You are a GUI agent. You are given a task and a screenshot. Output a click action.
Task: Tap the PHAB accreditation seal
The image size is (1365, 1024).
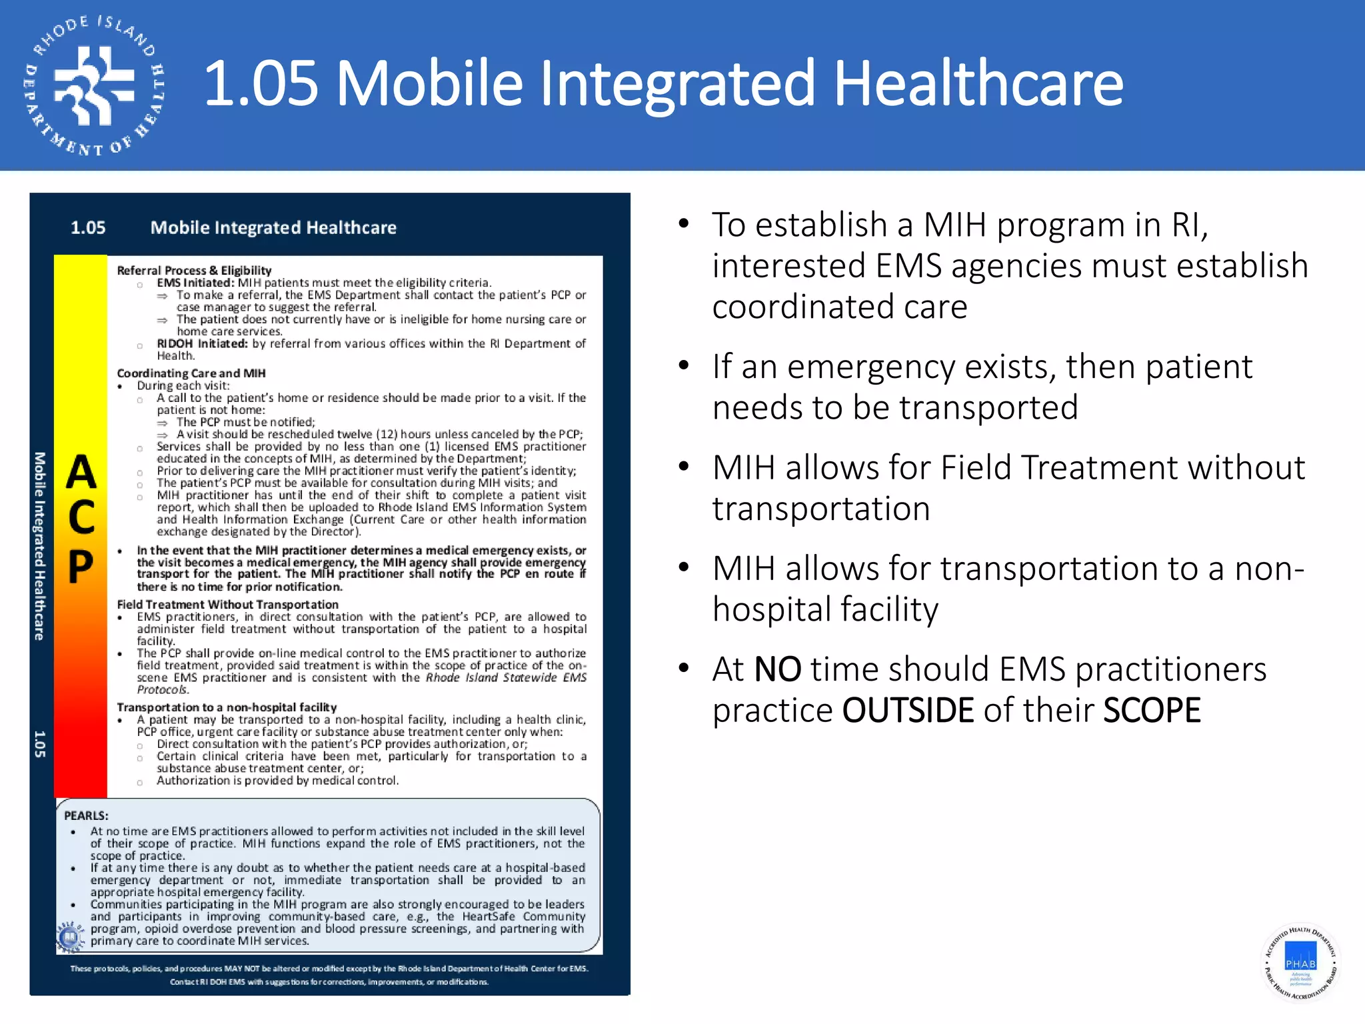1300,962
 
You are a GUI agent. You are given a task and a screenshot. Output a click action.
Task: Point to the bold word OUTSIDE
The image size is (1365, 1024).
908,710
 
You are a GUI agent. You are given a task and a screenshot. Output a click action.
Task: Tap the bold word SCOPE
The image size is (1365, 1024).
1152,710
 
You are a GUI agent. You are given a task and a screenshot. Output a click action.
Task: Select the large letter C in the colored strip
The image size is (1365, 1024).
81,518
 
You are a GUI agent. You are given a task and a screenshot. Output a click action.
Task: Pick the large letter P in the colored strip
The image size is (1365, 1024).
81,567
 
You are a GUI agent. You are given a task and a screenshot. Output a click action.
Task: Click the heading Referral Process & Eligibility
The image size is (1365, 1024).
194,270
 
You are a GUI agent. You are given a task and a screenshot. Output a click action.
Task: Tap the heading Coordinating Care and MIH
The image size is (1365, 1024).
191,373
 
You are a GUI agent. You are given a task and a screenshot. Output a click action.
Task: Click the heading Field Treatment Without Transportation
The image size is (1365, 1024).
227,604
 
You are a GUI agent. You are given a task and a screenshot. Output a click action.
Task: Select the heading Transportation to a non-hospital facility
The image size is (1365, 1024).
227,707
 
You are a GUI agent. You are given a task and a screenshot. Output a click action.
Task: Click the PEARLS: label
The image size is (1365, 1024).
86,815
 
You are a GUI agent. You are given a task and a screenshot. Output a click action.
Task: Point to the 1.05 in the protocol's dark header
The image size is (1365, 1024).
88,227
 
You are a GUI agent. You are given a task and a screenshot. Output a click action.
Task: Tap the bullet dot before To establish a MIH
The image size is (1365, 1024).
683,224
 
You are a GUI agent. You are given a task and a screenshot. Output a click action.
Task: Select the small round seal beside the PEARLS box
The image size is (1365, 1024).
69,937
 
